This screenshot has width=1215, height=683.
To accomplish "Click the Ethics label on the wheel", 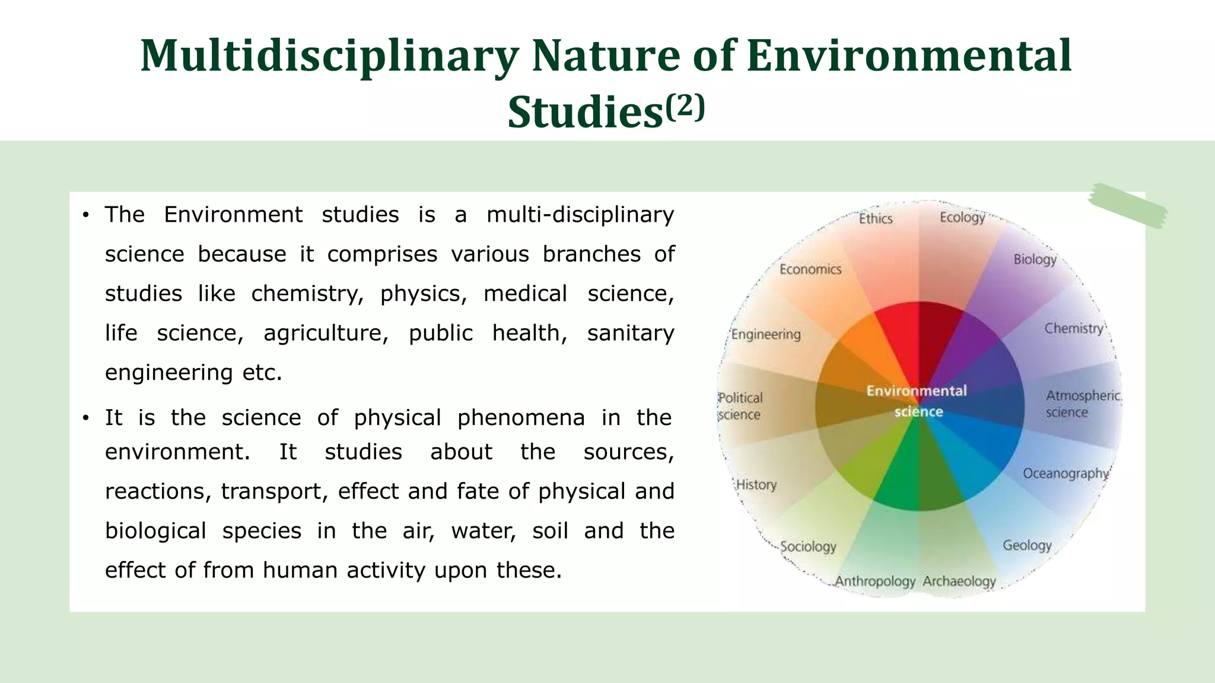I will click(876, 219).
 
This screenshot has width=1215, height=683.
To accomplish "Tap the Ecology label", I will click(962, 218).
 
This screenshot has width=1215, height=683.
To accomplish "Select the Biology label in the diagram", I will click(1035, 260).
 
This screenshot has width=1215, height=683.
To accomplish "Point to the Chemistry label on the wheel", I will click(1074, 328).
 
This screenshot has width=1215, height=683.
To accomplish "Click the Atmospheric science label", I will click(1082, 404).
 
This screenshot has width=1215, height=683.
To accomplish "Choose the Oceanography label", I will click(1065, 474).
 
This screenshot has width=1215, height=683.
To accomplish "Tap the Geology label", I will click(1027, 545).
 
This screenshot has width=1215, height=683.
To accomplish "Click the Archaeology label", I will click(959, 582).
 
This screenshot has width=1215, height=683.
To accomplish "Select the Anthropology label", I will click(875, 582).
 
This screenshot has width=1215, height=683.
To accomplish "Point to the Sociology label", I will click(808, 547).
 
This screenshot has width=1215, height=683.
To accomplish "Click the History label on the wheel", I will click(756, 485).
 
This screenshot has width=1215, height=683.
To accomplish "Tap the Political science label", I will click(740, 406).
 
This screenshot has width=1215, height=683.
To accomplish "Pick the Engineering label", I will click(766, 334).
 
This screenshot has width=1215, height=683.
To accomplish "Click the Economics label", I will click(810, 270).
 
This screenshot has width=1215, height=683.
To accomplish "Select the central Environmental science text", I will click(917, 401).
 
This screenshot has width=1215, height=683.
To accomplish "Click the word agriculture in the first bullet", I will click(326, 333).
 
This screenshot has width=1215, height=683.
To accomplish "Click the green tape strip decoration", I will click(1127, 205).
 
